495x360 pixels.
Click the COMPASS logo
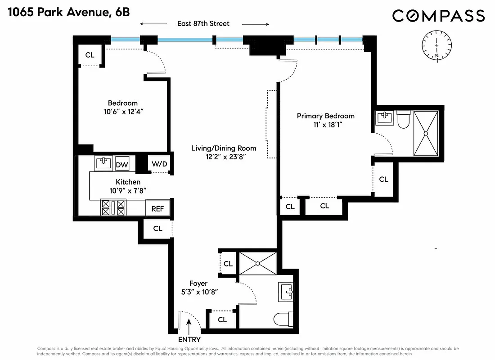pos(438,16)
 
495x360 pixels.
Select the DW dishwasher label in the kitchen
pos(122,165)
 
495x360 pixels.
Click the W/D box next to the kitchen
pos(159,164)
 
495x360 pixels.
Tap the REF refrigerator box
pos(157,208)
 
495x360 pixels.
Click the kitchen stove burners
pos(113,208)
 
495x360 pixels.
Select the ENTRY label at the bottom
pos(189,340)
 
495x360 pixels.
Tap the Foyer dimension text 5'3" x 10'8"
pos(198,292)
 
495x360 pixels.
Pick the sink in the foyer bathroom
pos(286,292)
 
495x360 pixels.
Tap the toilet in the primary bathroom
pos(403,119)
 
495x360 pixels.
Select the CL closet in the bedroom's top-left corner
pos(90,55)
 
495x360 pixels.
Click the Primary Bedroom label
pos(325,116)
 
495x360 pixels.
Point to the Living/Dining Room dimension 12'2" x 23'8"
pos(224,157)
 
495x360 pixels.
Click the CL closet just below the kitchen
pos(157,229)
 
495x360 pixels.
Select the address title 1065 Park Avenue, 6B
pos(68,12)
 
